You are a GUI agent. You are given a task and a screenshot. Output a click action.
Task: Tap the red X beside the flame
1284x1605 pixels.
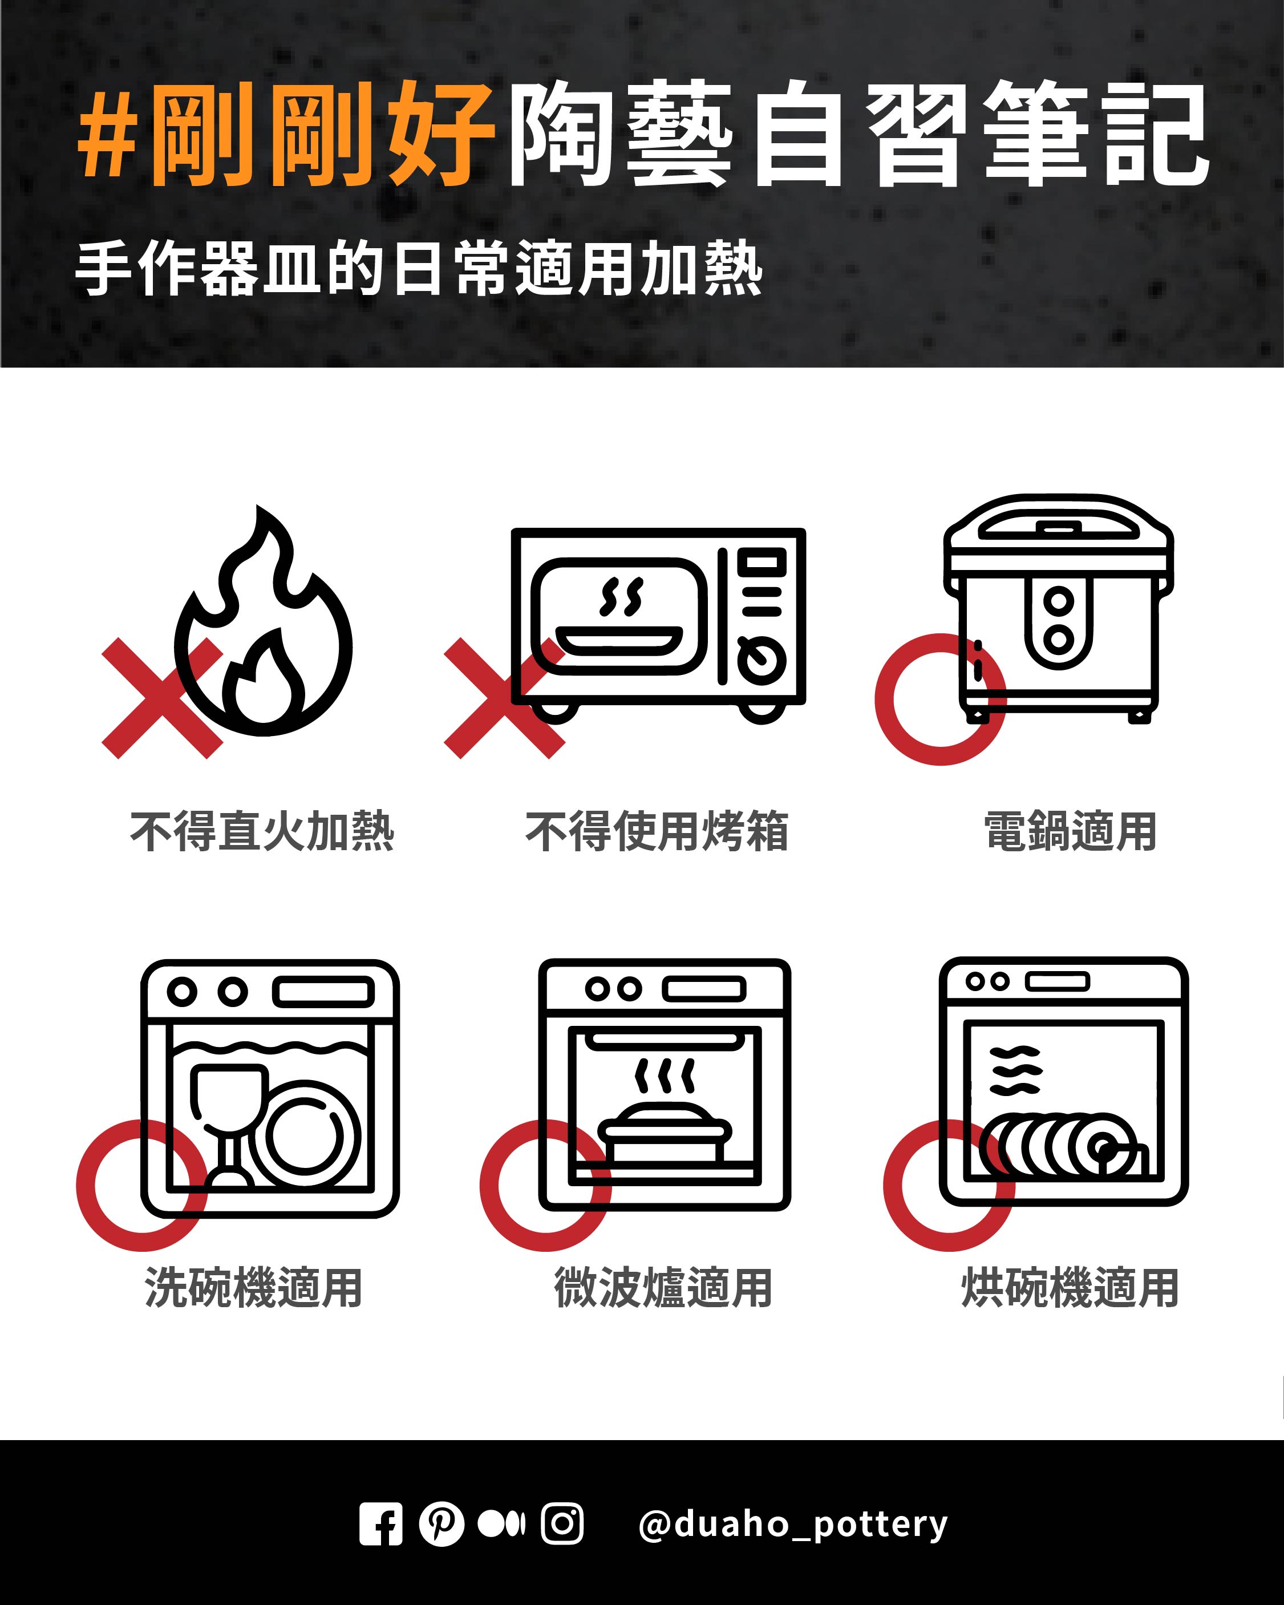point(162,698)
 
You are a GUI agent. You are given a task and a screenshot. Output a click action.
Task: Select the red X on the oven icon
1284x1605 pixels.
point(505,698)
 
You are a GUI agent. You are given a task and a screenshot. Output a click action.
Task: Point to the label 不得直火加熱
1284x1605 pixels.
point(262,831)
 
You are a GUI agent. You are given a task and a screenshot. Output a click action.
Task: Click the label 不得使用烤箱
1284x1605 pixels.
point(657,831)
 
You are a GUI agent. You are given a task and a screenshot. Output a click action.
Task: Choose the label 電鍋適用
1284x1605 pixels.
point(1070,831)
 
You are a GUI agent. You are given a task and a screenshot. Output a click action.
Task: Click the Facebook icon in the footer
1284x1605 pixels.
point(381,1524)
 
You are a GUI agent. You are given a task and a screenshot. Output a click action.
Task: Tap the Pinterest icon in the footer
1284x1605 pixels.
point(441,1524)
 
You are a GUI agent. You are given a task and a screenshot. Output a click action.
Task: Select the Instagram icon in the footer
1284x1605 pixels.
point(562,1524)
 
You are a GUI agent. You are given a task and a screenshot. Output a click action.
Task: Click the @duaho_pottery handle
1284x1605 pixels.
point(793,1524)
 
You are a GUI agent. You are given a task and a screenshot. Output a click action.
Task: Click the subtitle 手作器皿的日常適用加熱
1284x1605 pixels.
point(419,268)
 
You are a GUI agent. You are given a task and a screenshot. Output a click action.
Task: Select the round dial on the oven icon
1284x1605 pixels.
point(762,660)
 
